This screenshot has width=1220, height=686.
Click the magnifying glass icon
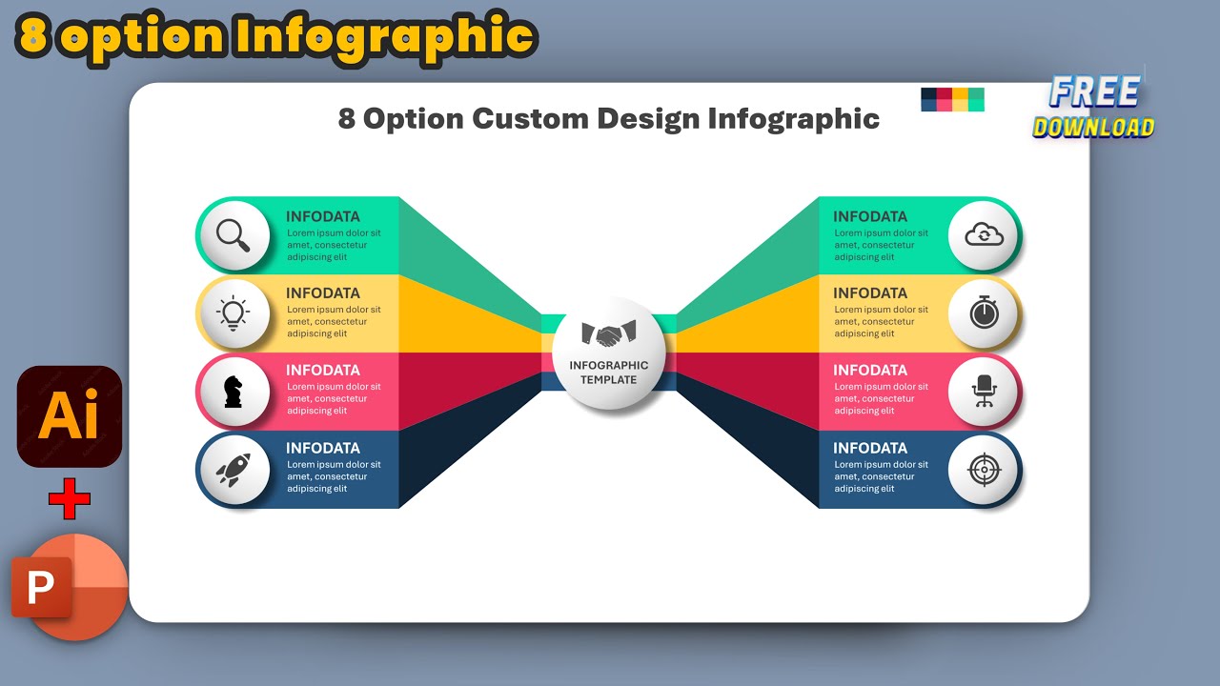tap(233, 234)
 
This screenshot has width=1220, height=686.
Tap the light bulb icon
tap(233, 313)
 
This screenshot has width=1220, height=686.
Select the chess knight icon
tap(233, 391)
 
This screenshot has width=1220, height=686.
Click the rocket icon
tap(233, 468)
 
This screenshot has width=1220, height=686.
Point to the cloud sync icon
tap(985, 234)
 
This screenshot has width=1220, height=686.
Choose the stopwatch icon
tap(985, 313)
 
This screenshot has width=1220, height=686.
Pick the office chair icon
tap(985, 391)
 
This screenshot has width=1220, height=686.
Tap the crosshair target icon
tap(985, 468)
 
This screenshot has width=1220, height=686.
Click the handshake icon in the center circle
tap(609, 334)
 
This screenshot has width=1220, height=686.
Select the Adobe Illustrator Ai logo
tap(70, 416)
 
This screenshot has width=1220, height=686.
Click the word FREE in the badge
tap(1094, 92)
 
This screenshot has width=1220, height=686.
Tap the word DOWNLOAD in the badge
tap(1093, 128)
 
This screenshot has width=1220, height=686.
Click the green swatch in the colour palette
tap(976, 99)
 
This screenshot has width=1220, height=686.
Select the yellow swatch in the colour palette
tap(961, 99)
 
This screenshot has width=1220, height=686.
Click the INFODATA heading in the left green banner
tap(323, 216)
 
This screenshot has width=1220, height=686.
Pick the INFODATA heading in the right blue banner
tap(870, 448)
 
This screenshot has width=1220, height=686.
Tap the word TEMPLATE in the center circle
tap(608, 379)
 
